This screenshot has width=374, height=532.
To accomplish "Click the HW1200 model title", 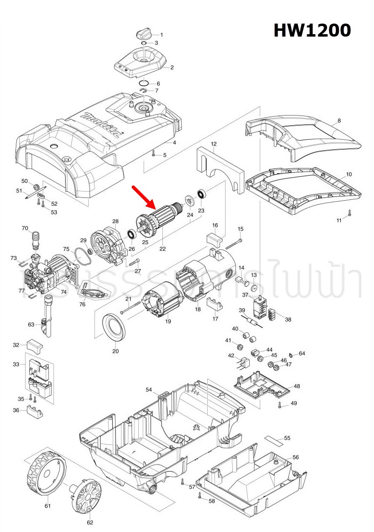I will [312, 30].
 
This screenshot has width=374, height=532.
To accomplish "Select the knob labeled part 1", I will [144, 33].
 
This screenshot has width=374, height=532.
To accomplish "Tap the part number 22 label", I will [162, 249].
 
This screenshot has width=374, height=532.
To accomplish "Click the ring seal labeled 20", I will [115, 327].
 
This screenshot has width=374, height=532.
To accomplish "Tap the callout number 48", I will [296, 386].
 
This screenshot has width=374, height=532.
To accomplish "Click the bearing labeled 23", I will [201, 195].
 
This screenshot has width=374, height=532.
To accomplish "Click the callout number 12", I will [214, 144].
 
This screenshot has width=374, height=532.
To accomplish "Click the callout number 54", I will [149, 389].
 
